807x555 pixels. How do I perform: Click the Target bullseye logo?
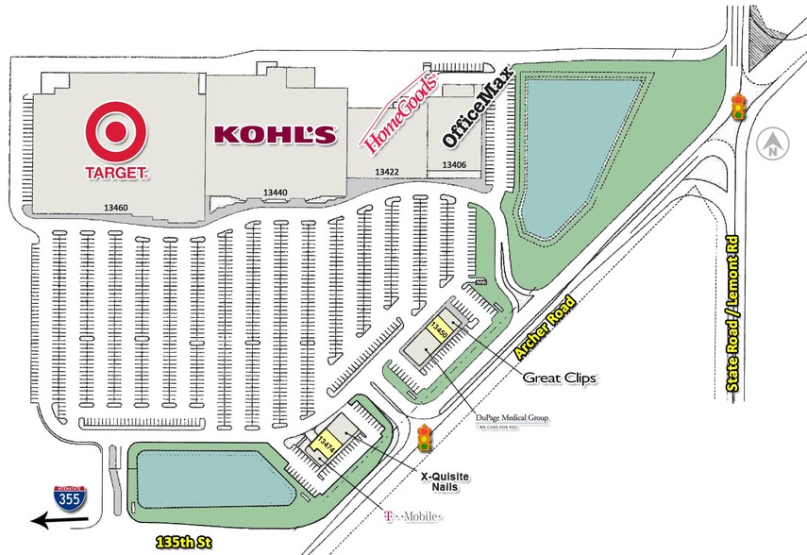[x=117, y=134]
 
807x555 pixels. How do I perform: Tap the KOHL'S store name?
[x=276, y=135]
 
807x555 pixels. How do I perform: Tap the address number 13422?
[x=387, y=172]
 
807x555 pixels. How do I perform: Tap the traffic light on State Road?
[x=739, y=107]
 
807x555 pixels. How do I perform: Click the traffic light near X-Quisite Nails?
[x=426, y=438]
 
